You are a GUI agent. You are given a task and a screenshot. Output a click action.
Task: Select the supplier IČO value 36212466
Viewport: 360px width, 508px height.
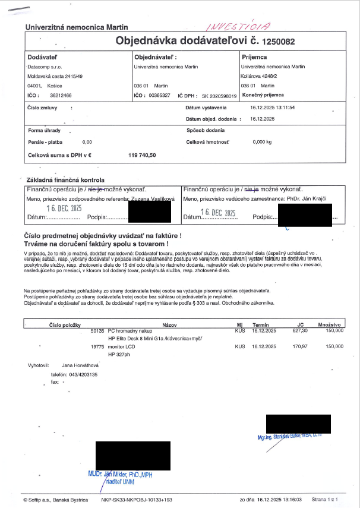coord(61,95)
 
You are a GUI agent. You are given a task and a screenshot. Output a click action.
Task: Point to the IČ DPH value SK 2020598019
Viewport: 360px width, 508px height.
coord(220,95)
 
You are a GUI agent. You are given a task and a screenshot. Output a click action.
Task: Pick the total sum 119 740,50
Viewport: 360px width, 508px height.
coord(142,154)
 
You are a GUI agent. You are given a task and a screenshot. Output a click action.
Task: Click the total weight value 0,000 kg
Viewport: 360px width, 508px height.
coord(262,142)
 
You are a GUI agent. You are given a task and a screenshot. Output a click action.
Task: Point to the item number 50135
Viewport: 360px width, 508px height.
coord(97,330)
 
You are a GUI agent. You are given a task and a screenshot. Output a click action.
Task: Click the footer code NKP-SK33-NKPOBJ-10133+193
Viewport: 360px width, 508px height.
coord(137,500)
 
